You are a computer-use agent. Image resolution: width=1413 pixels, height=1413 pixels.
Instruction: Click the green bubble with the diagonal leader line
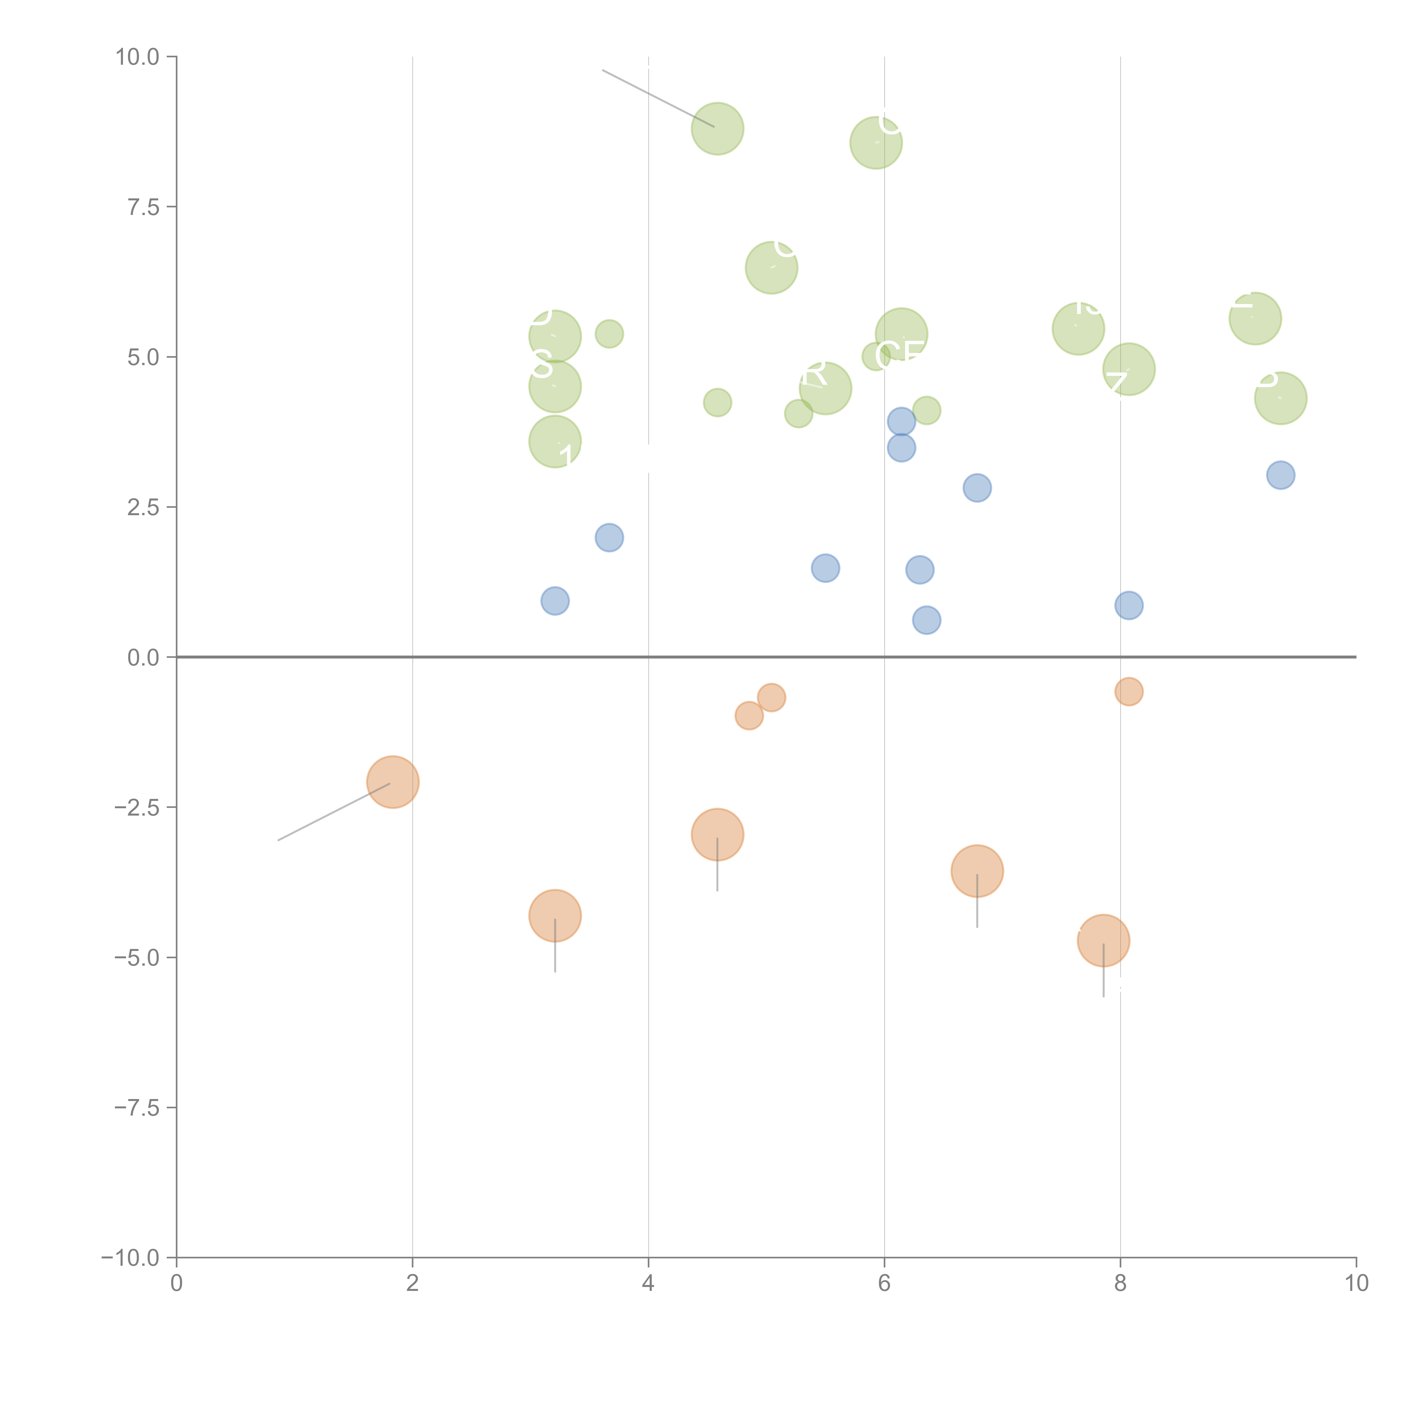coord(718,129)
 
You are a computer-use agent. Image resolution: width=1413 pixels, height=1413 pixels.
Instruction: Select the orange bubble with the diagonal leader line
coord(393,782)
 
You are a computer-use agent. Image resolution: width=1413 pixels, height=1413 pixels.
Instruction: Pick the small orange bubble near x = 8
coord(1128,691)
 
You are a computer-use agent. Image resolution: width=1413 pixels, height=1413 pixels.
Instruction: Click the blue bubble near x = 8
coord(1128,605)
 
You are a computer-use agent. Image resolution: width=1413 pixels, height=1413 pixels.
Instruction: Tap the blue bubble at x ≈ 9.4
coord(1281,475)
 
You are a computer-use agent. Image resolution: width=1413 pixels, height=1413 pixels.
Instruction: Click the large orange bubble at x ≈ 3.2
coord(555,916)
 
